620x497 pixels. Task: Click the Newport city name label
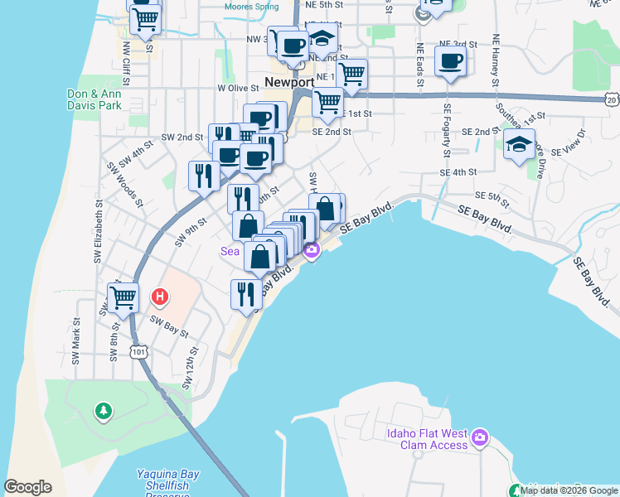tap(289, 82)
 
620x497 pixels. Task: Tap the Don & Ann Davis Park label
tap(93, 100)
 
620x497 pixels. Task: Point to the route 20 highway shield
tap(612, 99)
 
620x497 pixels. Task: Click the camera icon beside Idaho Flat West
tap(480, 437)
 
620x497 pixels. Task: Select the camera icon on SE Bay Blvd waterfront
tap(312, 250)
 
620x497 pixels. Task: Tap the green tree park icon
tap(103, 410)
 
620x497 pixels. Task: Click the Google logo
tap(27, 487)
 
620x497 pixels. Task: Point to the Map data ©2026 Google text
tap(569, 490)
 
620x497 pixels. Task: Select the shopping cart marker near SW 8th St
tap(123, 297)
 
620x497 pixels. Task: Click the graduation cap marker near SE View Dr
tap(519, 144)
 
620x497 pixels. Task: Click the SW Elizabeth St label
tap(97, 232)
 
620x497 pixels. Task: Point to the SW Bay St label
tap(169, 326)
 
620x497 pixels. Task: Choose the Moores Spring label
tap(252, 6)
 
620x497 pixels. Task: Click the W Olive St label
tap(238, 87)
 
